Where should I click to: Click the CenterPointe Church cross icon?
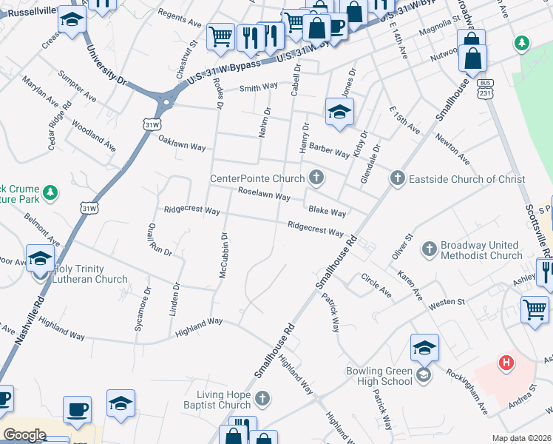(316, 178)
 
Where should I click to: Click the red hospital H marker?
(506, 363)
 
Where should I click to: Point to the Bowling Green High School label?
(379, 376)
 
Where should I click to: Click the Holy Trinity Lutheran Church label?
(90, 274)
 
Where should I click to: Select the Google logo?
(24, 434)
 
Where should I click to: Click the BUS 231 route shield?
(485, 88)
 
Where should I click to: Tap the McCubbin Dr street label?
(223, 256)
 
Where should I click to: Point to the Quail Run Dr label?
(159, 240)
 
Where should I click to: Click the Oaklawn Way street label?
(183, 147)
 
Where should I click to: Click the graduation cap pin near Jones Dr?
(340, 112)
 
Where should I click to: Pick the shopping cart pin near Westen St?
(535, 308)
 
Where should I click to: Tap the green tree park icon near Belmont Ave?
(50, 193)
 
